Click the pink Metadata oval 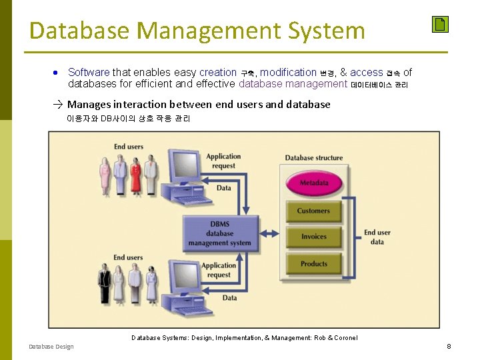point(313,183)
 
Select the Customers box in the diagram point(313,211)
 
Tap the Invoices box point(313,237)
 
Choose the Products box point(313,264)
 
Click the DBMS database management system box point(219,233)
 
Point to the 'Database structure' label point(313,158)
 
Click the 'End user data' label point(377,237)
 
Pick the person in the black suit point(104,285)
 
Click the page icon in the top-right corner point(439,25)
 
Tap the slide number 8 point(449,346)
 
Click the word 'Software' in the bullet point(89,72)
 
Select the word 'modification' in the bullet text point(288,72)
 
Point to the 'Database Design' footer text point(51,347)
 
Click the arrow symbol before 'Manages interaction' point(59,105)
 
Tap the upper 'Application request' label point(223,161)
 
